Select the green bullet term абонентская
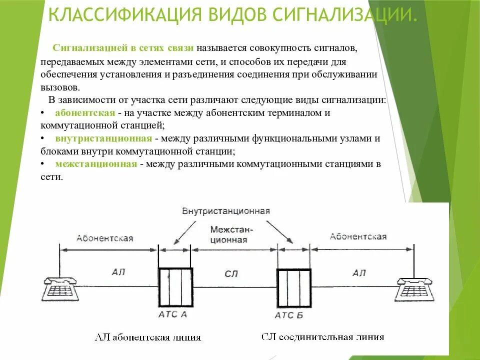point(85,113)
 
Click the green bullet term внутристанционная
point(103,138)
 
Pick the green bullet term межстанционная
point(96,164)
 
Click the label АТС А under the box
point(173,314)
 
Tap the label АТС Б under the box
point(289,315)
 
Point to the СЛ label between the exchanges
point(231,273)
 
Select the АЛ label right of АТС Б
point(358,273)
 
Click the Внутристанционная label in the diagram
point(226,210)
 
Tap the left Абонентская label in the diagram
point(104,238)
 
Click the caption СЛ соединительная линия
point(323,336)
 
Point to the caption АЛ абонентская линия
point(148,337)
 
